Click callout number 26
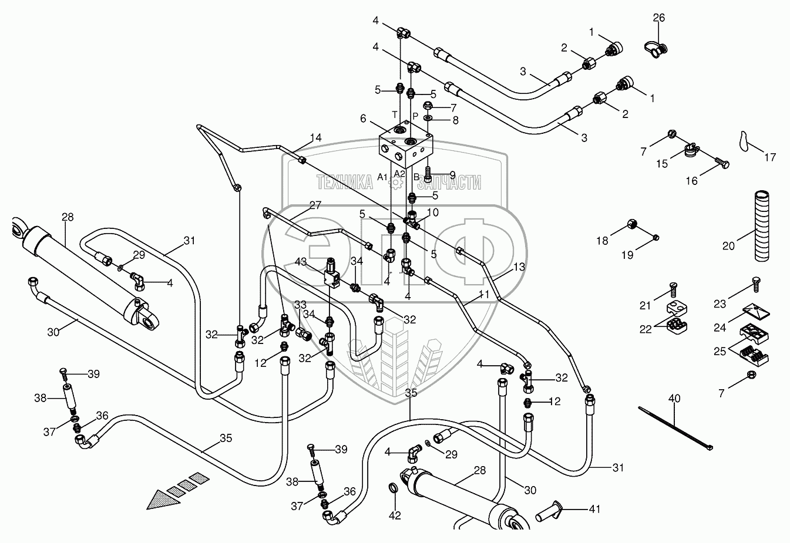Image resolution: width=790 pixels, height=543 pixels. (659, 18)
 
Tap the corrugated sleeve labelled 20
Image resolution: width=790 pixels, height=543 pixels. (762, 217)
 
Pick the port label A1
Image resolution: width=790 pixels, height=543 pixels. (382, 177)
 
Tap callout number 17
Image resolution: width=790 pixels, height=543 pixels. (770, 157)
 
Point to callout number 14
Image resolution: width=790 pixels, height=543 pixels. (315, 138)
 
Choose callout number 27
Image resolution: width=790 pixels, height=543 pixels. (315, 205)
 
